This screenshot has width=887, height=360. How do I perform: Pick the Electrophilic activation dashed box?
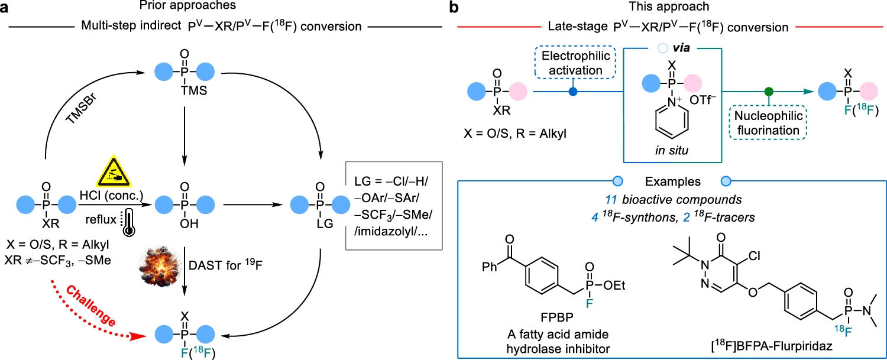(x=573, y=64)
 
